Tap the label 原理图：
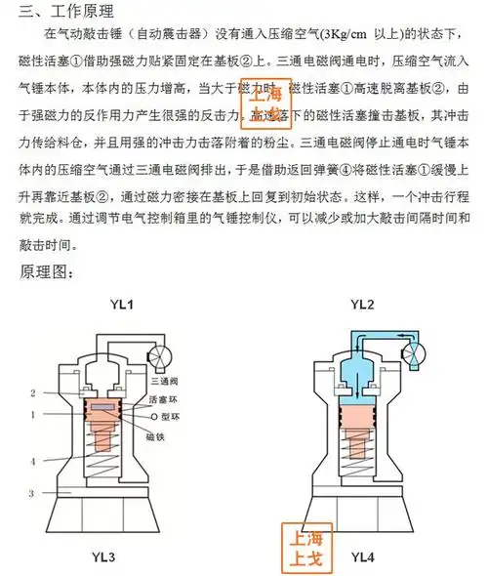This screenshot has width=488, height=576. point(47,270)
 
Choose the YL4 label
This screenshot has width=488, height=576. point(362,557)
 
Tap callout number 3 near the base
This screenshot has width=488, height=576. point(32,494)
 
